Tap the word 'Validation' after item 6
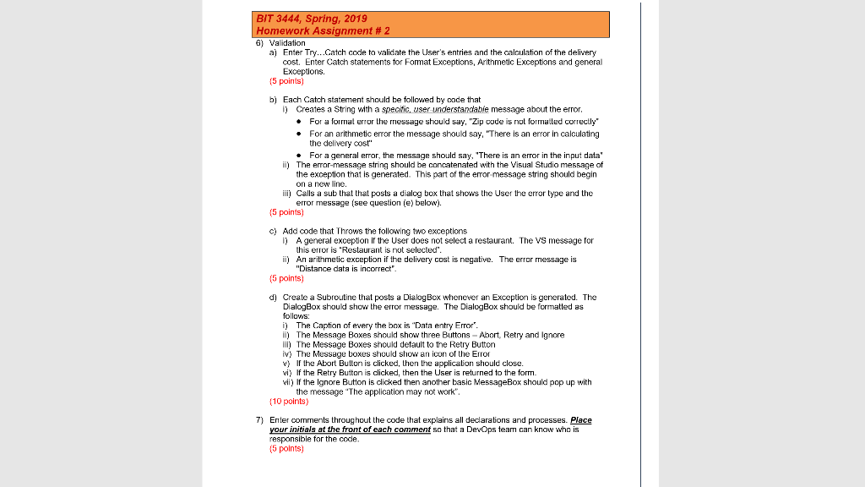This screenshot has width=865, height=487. [287, 42]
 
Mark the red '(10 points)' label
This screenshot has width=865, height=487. [287, 402]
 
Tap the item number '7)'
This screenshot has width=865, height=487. [261, 420]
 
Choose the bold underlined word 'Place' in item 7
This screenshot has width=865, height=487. [580, 420]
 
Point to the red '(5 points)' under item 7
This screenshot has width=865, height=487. [286, 449]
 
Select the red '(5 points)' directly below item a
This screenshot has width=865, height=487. [286, 82]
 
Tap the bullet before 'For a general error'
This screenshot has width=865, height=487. [302, 156]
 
